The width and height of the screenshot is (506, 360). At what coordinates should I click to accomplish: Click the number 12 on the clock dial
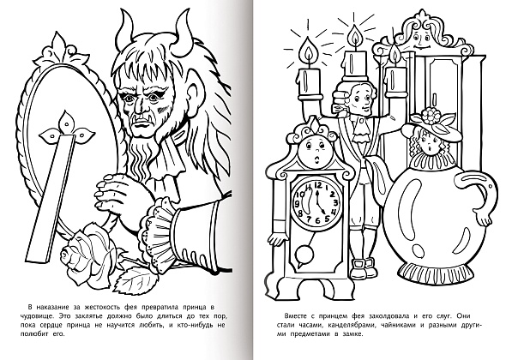[317, 185]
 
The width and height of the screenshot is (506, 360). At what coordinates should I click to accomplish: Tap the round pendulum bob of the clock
[304, 253]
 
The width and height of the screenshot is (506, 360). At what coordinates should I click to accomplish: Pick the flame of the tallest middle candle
[355, 38]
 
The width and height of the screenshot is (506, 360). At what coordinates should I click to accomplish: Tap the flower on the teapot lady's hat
[429, 116]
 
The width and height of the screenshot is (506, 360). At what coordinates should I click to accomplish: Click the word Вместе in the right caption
[295, 315]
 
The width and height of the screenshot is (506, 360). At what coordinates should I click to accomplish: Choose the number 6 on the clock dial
[317, 220]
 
